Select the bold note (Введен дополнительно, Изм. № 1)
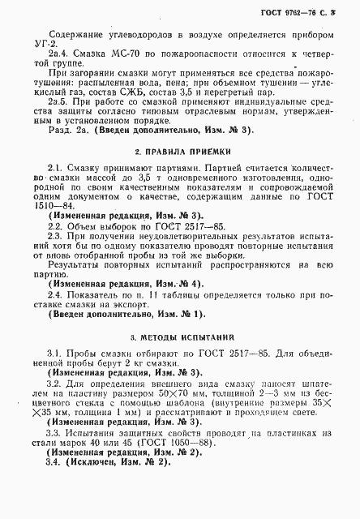pyautogui.click(x=126, y=314)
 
